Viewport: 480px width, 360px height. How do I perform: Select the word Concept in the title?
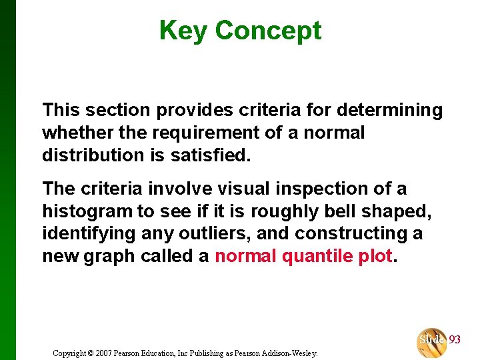click(268, 31)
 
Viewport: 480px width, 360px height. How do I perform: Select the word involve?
click(176, 189)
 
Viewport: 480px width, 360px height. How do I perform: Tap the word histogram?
click(88, 212)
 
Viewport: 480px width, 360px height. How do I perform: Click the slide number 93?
click(455, 340)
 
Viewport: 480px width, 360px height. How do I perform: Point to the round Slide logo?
click(431, 342)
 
